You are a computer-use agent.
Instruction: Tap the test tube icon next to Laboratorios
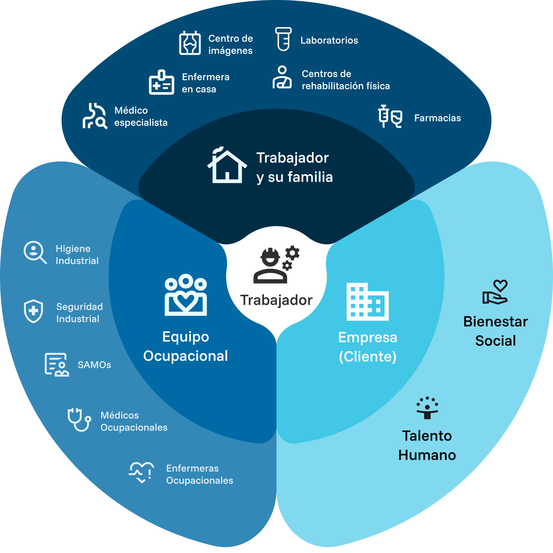tap(283, 39)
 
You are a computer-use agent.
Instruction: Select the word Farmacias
tap(437, 118)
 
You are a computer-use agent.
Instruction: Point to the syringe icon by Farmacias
tap(384, 116)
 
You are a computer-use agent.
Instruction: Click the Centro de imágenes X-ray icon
tap(190, 43)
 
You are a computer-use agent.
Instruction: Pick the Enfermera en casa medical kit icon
tap(161, 83)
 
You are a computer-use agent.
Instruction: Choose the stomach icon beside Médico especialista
tap(95, 116)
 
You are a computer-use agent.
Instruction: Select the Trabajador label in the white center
tap(276, 300)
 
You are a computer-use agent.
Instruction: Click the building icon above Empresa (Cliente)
tap(367, 302)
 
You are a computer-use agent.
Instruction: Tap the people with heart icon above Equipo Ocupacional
tap(186, 295)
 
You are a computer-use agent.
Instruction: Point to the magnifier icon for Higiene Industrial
tap(35, 252)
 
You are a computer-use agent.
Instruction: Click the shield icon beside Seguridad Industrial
tap(33, 311)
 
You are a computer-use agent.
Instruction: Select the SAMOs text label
tap(94, 365)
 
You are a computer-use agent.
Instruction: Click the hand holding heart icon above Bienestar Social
tap(495, 292)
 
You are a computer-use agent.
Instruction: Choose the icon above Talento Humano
tap(427, 408)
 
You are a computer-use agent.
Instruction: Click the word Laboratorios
tap(329, 41)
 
